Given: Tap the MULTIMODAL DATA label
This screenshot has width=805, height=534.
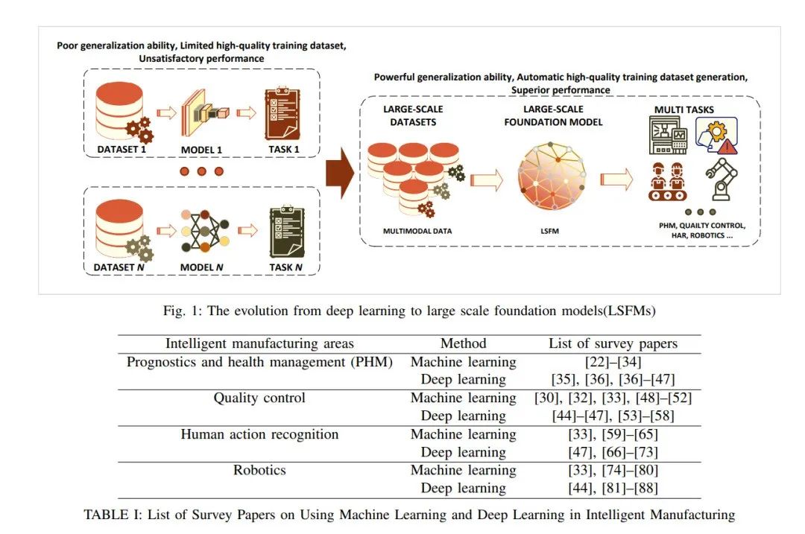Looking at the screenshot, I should point(417,231).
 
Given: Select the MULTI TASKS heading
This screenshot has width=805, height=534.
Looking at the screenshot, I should point(684,110).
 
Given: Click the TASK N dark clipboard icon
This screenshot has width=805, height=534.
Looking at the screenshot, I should point(287,231).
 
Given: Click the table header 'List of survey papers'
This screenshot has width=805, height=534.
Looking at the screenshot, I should point(613,343).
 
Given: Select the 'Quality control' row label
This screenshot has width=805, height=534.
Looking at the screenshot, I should point(259,398).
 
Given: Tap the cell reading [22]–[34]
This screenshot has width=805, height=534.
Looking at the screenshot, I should point(613,362).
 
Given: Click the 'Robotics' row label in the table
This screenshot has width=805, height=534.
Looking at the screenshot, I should point(259,470).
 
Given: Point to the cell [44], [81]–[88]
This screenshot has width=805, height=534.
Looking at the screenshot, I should point(613,489).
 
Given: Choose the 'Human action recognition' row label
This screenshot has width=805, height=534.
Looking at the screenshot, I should point(259,434).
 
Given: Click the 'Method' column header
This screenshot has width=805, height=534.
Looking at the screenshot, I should point(463,343).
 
